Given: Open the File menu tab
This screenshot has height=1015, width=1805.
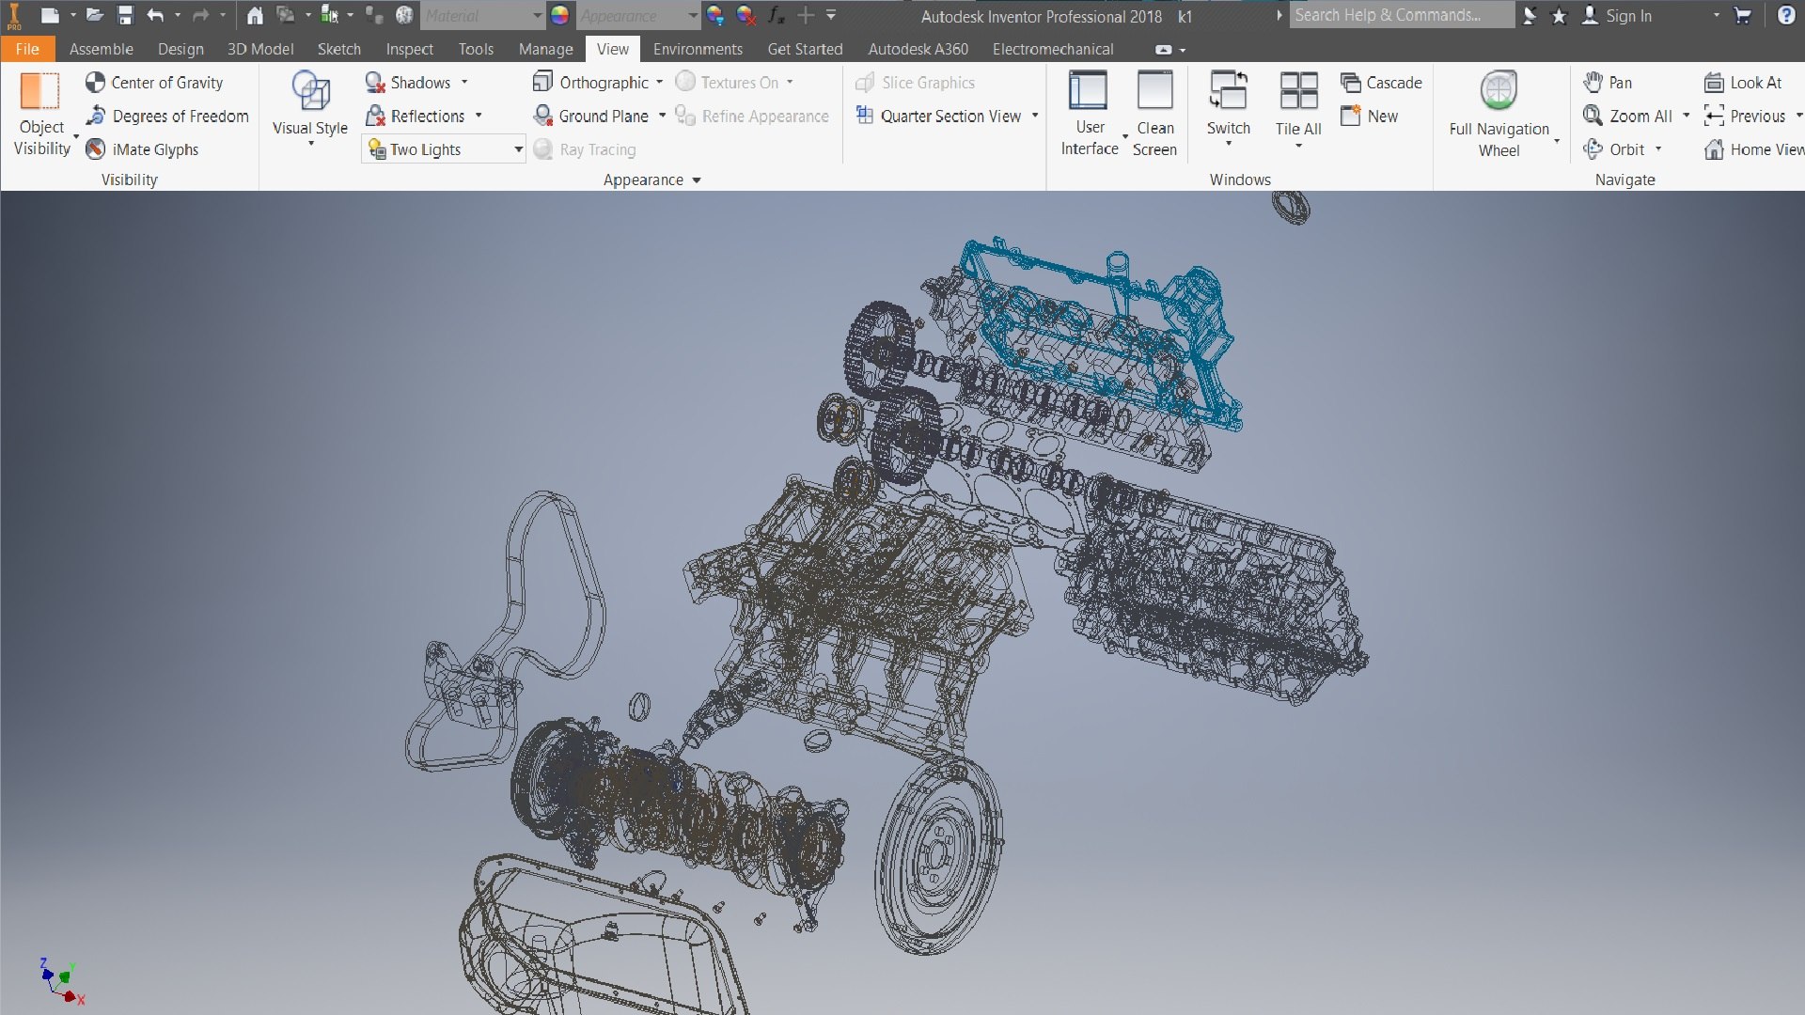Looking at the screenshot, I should (x=27, y=49).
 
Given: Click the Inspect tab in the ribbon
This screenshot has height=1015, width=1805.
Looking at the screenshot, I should (x=409, y=49).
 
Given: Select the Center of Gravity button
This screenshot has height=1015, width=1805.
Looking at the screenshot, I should (x=154, y=83).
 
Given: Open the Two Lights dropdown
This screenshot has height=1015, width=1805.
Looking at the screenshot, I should (x=518, y=149).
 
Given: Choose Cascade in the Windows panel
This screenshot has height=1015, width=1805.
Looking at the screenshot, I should (x=1382, y=83).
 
